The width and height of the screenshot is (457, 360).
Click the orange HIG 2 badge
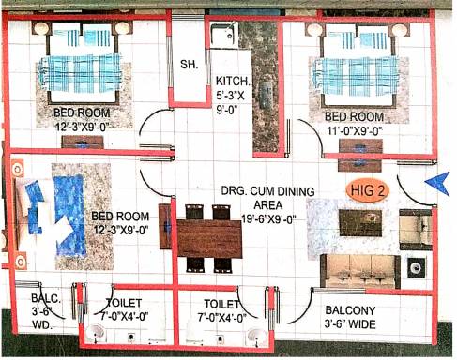coord(367,190)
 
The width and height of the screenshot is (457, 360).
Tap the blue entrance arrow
coord(438,184)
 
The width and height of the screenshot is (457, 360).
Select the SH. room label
coord(189,65)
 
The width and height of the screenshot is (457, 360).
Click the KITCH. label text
coord(233,81)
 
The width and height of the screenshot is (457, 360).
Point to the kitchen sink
coord(223,35)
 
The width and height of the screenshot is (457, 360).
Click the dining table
coord(209,239)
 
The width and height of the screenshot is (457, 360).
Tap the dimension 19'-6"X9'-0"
coord(268,219)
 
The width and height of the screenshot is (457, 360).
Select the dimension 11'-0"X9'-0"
coord(355,131)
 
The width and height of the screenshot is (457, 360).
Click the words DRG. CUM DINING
coord(267,191)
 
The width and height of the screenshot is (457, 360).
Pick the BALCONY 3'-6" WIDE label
coord(350,317)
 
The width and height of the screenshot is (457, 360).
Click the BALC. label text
coord(46,298)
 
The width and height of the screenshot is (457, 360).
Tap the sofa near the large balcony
coord(360,271)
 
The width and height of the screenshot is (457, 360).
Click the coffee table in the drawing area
coord(360,223)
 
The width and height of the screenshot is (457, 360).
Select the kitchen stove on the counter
coord(266,96)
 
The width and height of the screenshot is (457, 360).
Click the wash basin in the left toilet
coord(96,333)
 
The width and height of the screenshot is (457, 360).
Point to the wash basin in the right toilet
coord(257,336)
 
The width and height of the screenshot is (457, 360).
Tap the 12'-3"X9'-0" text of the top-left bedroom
coord(82,127)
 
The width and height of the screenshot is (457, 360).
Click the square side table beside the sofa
coord(416,267)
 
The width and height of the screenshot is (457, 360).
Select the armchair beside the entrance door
coord(416,230)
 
